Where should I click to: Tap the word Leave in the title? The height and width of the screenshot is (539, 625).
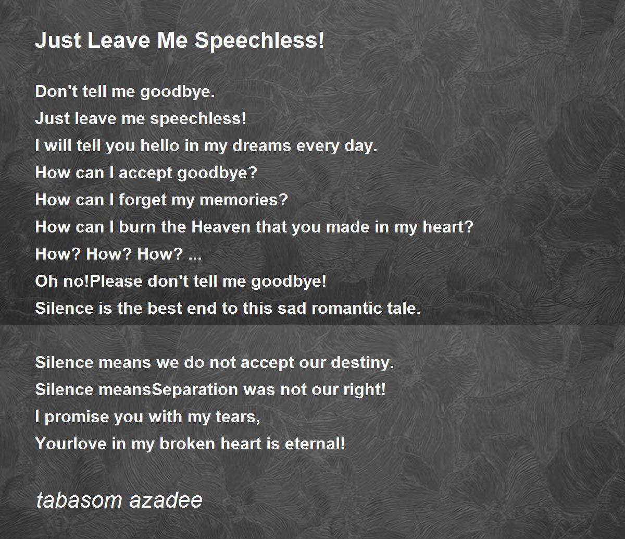point(119,40)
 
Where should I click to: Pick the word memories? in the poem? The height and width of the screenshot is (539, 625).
point(244,200)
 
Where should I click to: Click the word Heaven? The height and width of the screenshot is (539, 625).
point(221,227)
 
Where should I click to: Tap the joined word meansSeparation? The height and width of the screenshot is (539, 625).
point(168,390)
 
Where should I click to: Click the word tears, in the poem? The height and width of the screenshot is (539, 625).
point(238,417)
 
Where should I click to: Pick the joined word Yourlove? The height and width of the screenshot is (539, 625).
point(70,444)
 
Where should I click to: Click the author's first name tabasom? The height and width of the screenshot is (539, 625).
point(79,500)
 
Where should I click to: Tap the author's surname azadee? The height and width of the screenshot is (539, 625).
point(166,500)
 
